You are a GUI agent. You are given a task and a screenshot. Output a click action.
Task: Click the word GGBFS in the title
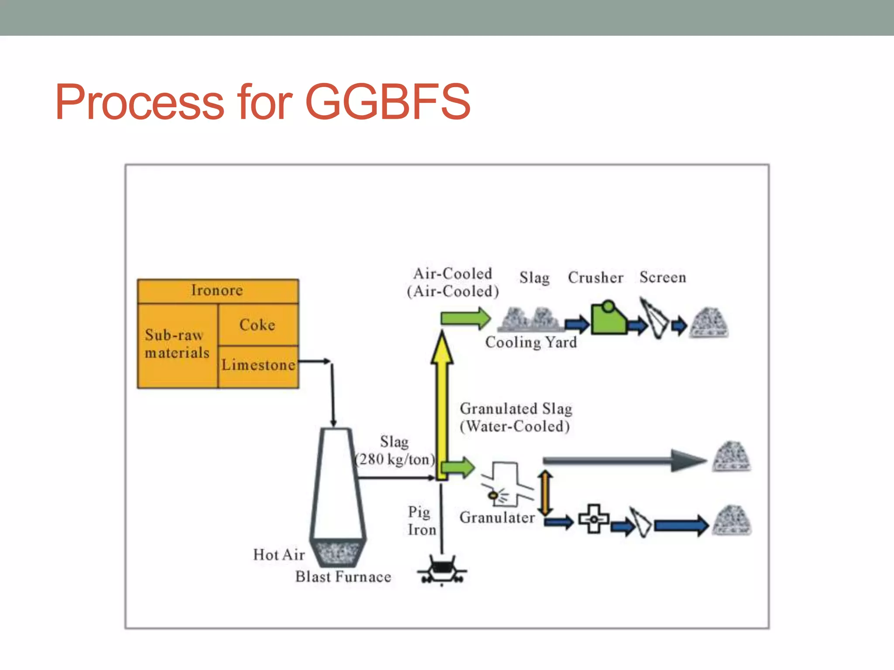point(388,103)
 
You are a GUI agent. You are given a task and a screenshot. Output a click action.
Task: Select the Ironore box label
point(217,291)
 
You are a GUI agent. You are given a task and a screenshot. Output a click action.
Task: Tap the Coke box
point(258,325)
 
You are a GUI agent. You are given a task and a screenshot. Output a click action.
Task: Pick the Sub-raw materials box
point(177,344)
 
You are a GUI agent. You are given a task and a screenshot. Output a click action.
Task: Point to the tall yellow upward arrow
point(442,401)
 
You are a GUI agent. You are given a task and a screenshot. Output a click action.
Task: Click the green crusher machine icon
point(608,318)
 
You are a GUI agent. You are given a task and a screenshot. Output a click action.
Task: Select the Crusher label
point(595,278)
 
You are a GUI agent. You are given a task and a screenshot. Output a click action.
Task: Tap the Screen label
point(663,277)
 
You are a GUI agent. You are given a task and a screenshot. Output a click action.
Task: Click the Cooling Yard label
point(531,342)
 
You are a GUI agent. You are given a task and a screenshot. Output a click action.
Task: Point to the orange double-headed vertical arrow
point(545,493)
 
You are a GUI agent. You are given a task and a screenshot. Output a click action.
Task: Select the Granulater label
point(497,518)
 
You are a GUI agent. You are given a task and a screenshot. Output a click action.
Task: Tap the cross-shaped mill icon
point(594,519)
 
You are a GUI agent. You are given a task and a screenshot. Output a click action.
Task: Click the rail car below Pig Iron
point(442,569)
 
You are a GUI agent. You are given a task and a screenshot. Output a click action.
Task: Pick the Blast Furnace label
point(343,577)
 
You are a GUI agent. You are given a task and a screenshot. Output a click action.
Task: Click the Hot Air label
point(279,555)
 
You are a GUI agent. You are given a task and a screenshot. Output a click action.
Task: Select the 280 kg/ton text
point(395,459)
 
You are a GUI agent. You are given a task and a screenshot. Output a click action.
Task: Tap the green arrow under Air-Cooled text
point(465,318)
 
